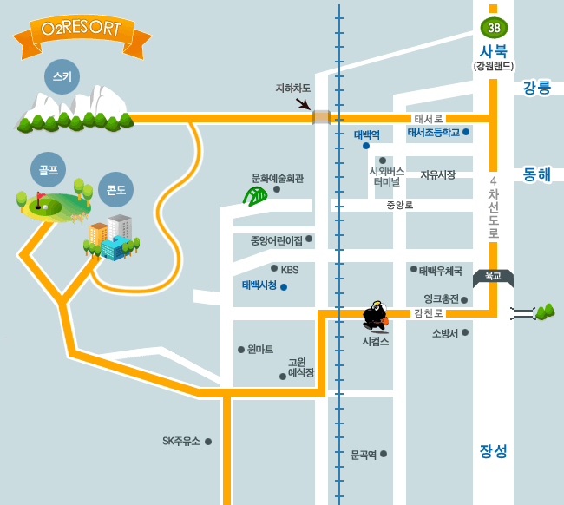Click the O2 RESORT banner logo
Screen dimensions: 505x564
(82, 31)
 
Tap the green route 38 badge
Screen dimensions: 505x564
(494, 27)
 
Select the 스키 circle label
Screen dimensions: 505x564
(62, 77)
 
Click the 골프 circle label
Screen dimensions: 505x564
(49, 170)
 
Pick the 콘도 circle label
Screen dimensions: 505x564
(115, 188)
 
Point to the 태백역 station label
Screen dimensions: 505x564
(366, 134)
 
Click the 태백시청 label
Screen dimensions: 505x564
(259, 285)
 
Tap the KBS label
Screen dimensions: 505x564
(289, 269)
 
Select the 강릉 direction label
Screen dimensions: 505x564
(536, 88)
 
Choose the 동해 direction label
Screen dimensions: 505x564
(536, 174)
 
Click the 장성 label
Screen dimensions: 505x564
(493, 451)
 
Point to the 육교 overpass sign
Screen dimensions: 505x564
(493, 277)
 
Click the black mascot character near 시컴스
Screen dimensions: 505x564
(376, 316)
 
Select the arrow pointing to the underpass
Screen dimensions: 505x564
(303, 104)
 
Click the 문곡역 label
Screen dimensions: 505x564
(364, 454)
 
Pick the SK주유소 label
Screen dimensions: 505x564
(181, 441)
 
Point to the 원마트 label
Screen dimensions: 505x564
(259, 349)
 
